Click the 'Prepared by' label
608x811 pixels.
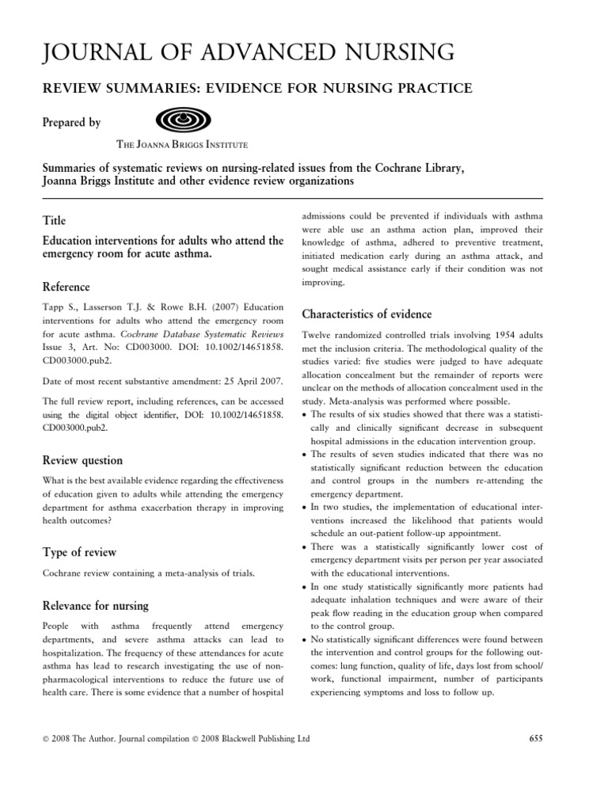[x=71, y=123]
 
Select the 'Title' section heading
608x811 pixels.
[x=54, y=221]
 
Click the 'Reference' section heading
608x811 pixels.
[x=66, y=287]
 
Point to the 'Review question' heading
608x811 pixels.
[x=82, y=460]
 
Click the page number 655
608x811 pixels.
[x=534, y=739]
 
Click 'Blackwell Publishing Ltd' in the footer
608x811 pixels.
[x=266, y=739]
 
